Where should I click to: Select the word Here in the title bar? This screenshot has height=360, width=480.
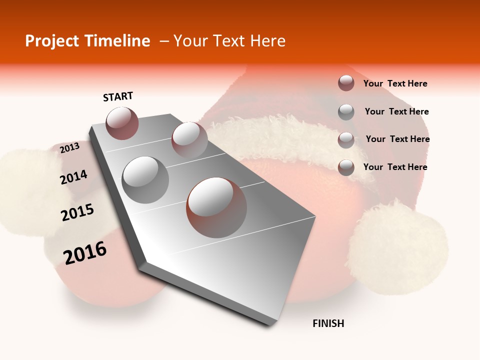[267, 41]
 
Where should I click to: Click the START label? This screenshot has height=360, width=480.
[118, 96]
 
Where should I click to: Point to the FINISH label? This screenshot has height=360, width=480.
[328, 323]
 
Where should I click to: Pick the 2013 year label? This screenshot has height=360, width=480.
[69, 148]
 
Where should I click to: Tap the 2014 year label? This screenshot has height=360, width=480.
[73, 177]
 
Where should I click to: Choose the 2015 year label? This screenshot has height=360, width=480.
[77, 213]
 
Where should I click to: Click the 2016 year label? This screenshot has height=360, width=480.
[85, 253]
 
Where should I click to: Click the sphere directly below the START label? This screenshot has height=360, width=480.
[122, 123]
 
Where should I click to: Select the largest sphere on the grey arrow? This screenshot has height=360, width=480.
[216, 207]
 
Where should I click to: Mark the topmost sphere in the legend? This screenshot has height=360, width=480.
[346, 83]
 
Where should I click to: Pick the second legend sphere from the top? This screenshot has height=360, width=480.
[346, 112]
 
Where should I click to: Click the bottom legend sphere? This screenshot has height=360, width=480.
[346, 167]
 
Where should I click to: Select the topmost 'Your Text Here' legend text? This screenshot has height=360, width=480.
[395, 83]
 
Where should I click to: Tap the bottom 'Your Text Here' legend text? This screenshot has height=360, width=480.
[395, 167]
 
